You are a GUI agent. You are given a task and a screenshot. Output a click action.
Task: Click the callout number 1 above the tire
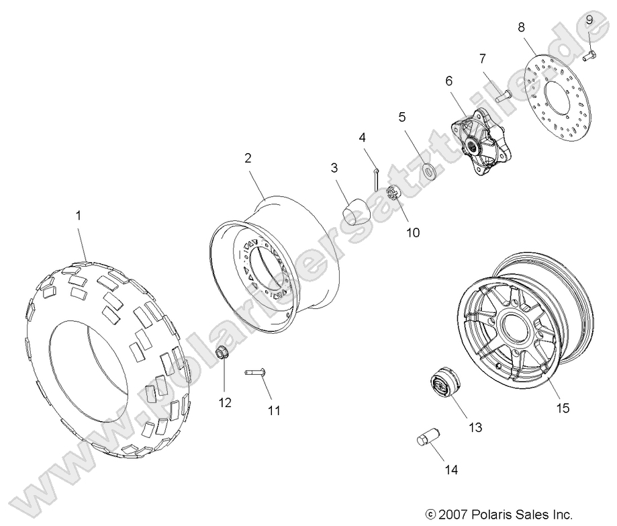tap(79, 216)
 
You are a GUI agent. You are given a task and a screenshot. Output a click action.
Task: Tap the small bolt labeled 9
tap(590, 56)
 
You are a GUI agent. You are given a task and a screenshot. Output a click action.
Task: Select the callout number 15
tap(563, 408)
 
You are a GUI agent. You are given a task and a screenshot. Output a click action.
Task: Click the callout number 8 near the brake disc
tap(521, 28)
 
